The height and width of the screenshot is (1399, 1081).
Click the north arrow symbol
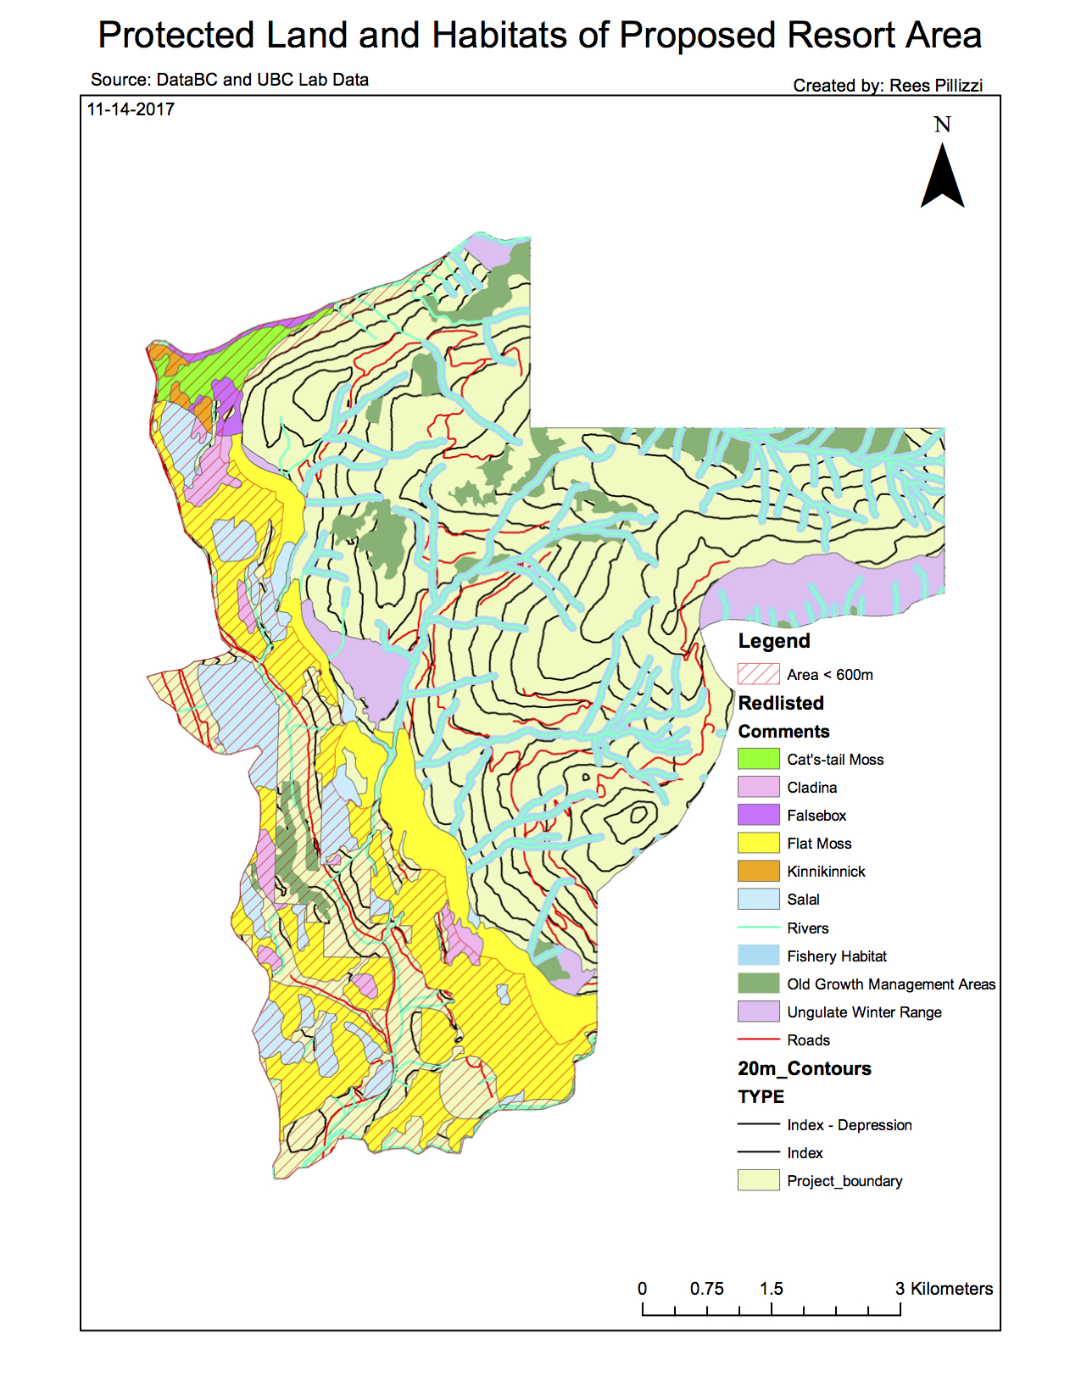tap(942, 178)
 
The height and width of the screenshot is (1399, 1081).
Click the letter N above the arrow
tap(942, 125)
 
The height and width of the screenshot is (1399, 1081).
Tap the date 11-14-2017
tap(131, 109)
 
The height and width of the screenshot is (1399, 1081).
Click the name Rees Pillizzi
tap(935, 86)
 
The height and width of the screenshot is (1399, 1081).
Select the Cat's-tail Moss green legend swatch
tap(758, 759)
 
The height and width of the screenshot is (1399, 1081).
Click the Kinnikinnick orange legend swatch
tap(758, 871)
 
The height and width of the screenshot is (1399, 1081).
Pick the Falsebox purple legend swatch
tap(758, 815)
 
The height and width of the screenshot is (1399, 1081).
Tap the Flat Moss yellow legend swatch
tap(758, 843)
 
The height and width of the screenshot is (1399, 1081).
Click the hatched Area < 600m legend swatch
tap(758, 674)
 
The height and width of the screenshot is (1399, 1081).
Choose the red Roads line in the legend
tap(758, 1039)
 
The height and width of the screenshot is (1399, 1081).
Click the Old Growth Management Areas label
tap(890, 984)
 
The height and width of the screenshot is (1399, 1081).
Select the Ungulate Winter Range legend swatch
tap(758, 1012)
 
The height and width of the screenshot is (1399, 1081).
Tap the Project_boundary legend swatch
tap(758, 1180)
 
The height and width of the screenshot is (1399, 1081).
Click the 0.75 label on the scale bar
tap(706, 1289)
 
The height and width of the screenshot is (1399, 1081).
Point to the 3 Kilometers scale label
tap(944, 1289)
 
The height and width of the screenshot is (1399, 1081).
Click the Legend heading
tap(773, 641)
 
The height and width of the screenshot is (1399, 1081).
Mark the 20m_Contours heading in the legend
tap(804, 1068)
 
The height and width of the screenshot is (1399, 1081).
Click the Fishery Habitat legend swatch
tap(758, 956)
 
